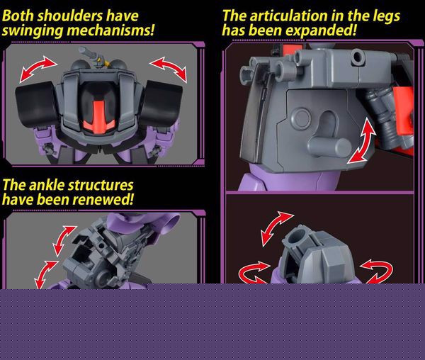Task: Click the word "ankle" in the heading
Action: [x=47, y=186]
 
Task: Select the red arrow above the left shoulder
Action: [x=38, y=68]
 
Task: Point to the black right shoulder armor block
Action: [x=161, y=103]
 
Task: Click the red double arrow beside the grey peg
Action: [x=362, y=141]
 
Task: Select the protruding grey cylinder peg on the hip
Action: [x=329, y=147]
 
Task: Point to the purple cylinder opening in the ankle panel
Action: [x=171, y=223]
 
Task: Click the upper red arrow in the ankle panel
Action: [x=64, y=241]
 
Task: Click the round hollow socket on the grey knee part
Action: [x=295, y=237]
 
